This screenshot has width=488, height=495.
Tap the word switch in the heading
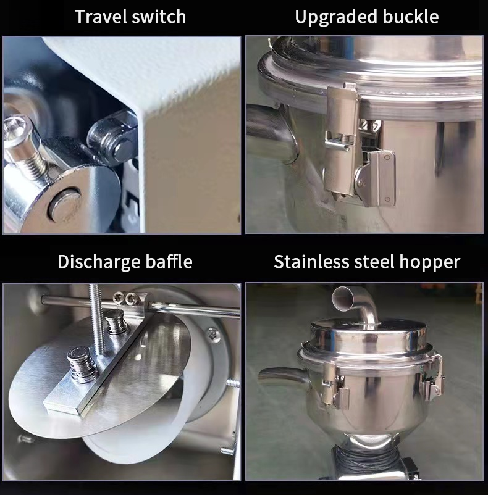159,17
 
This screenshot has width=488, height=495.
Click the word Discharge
99,261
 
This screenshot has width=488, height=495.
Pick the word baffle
167,261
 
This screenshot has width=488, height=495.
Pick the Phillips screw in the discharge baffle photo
212,335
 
